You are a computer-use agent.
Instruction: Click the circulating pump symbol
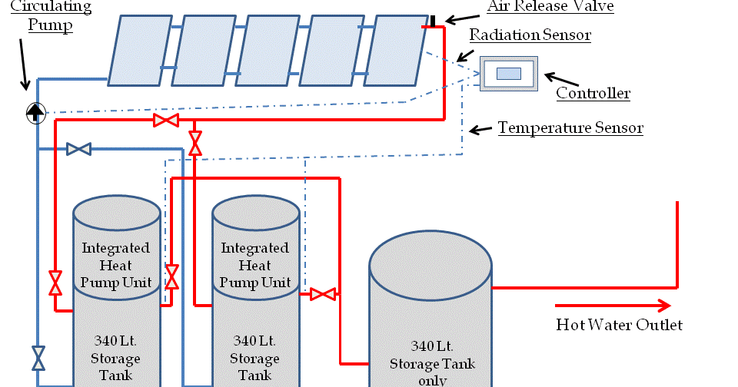point(35,113)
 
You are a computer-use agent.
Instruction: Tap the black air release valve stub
point(433,20)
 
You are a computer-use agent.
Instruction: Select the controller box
point(508,74)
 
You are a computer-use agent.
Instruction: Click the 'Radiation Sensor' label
point(530,35)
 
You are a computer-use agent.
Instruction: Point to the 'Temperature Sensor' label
point(570,127)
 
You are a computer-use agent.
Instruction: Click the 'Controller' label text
point(593,94)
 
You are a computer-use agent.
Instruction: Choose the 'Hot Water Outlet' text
point(619,325)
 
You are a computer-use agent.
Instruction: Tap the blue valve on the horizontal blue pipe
point(78,148)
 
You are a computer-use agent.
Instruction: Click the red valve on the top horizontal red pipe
point(165,121)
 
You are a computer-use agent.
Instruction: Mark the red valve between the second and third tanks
point(323,293)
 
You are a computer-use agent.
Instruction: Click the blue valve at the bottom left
point(38,358)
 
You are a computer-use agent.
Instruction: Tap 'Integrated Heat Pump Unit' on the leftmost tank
point(116,266)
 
